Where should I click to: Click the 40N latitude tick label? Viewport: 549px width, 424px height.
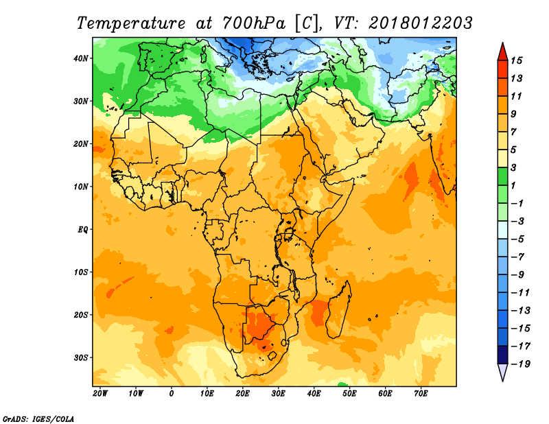pos(81,58)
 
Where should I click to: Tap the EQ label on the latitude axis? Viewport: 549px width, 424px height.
pos(83,230)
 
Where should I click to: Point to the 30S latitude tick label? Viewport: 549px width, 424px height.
pos(81,358)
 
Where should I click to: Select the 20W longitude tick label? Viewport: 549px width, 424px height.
pos(100,394)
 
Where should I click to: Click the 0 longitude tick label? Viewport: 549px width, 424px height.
pos(171,394)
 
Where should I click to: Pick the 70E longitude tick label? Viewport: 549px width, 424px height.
pos(421,394)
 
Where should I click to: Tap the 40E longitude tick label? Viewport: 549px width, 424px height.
pos(314,394)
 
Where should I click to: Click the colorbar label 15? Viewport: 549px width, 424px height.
pos(516,60)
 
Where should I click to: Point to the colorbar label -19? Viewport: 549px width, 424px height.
pos(521,364)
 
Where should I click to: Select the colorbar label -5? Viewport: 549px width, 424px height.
pos(518,239)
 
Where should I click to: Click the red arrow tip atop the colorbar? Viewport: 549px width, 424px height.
pos(502,43)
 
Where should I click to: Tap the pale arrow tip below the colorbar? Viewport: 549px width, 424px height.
pos(502,381)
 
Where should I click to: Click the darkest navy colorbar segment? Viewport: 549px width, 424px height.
pos(502,355)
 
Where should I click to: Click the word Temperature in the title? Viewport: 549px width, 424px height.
pos(131,23)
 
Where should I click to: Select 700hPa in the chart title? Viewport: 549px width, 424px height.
pos(253,23)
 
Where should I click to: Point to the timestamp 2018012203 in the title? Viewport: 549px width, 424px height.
pos(421,23)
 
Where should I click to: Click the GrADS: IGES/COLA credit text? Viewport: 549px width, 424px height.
pos(38,419)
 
